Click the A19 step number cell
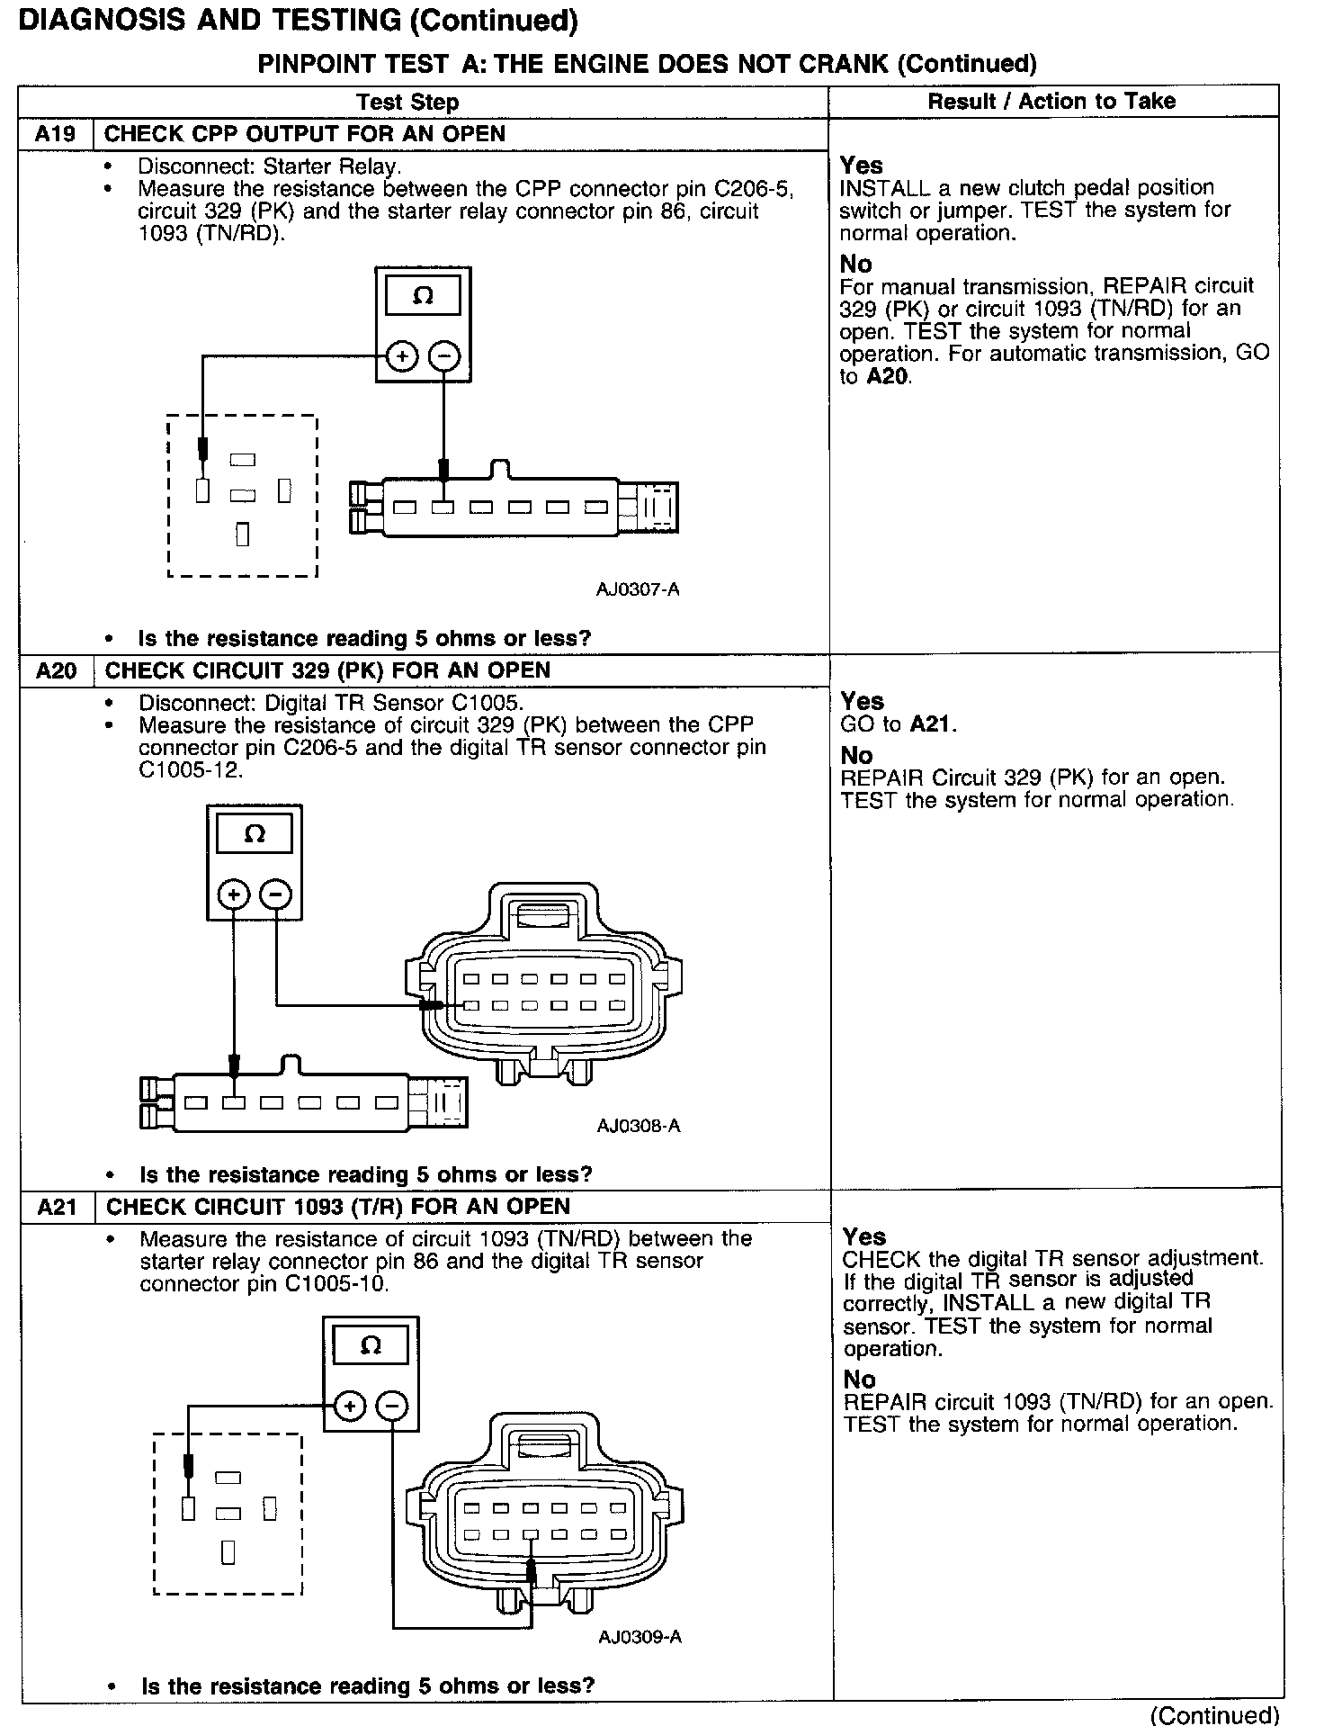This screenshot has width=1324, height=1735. pos(56,135)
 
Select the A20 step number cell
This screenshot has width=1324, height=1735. pos(57,671)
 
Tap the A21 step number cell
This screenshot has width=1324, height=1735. pos(58,1207)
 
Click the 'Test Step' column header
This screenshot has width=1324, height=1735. pos(407,103)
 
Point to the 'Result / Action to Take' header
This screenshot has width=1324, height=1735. pos(1051,101)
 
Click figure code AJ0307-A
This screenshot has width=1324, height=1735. pos(638,589)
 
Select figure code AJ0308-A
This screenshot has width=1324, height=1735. pos(639,1126)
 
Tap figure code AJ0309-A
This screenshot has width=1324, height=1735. pos(640,1637)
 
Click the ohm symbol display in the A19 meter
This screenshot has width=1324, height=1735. pos(423,295)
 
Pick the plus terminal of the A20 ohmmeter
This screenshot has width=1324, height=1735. pos(234,894)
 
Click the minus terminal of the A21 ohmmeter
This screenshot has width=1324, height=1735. pos(391,1406)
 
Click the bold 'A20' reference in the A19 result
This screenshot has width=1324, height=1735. pos(887,376)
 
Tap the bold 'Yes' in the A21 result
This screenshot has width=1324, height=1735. pos(864,1236)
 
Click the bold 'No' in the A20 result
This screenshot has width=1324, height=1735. pos(858,755)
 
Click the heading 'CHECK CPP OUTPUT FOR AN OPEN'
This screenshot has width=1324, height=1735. pos(305,134)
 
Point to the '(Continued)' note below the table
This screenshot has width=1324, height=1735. pos(1214,1715)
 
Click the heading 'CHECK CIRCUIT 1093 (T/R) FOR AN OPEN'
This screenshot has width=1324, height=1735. pos(338,1207)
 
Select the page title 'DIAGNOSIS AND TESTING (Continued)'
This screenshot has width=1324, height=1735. pos(298,21)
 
